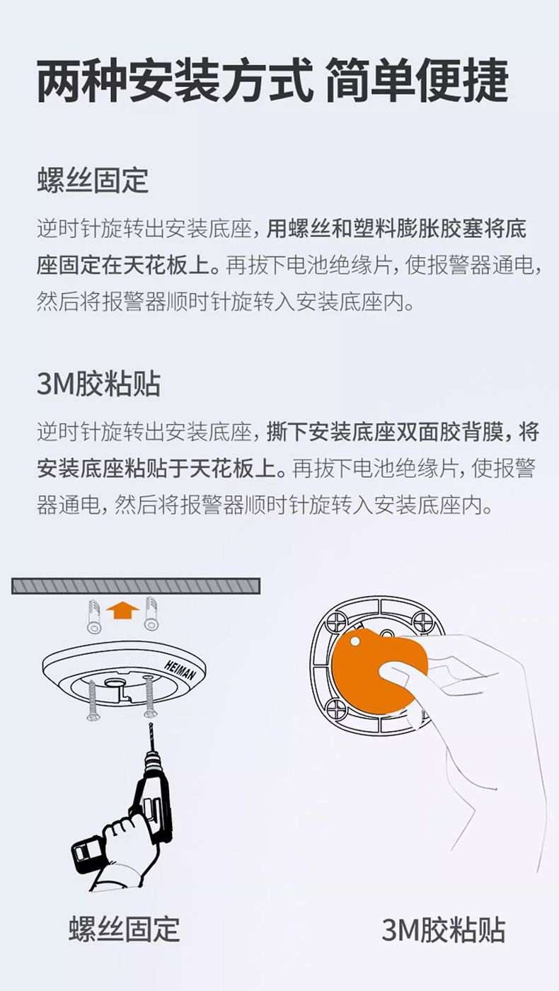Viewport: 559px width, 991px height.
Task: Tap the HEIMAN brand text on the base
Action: click(x=180, y=670)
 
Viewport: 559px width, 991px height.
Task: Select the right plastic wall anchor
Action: click(x=151, y=614)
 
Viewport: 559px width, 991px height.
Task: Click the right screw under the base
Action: click(x=149, y=697)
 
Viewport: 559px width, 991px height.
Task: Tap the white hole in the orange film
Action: click(x=355, y=641)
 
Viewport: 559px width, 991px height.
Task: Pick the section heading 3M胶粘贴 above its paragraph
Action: click(x=98, y=383)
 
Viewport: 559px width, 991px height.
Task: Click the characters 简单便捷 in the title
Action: click(x=417, y=82)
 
